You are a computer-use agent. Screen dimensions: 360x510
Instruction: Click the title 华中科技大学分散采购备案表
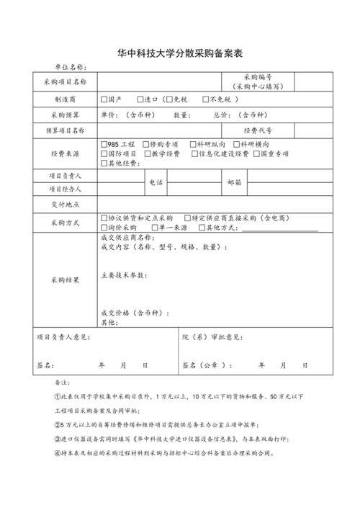pos(179,53)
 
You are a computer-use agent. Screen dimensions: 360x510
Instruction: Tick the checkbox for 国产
pos(105,99)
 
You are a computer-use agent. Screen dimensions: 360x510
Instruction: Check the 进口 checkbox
pos(140,99)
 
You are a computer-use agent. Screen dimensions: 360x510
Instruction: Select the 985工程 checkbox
pos(105,144)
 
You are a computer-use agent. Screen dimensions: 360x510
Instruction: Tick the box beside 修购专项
pos(147,144)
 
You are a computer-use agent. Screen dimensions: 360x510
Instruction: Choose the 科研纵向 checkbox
pos(194,144)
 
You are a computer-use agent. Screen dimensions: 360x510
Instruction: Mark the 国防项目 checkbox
pos(105,153)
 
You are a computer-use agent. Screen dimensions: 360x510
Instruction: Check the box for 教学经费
pos(147,153)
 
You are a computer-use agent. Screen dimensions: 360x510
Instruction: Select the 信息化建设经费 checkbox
pos(194,153)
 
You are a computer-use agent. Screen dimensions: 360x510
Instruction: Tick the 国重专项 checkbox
pos(256,153)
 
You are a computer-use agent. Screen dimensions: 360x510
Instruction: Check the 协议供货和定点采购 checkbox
pos(105,218)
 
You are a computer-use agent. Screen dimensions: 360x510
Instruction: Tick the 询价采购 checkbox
pos(105,228)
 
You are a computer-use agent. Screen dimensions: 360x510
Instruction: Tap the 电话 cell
pos(156,182)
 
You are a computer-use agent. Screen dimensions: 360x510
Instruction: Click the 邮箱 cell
pos(234,182)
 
